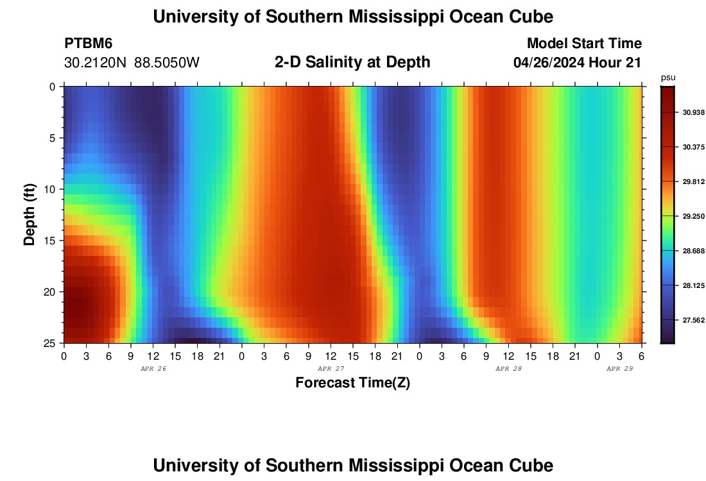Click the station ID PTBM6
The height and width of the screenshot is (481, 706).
tap(89, 44)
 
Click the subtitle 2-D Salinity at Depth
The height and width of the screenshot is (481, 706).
tap(352, 62)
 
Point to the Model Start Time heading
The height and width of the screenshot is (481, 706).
tap(584, 44)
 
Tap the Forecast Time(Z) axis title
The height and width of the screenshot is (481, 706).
tap(352, 383)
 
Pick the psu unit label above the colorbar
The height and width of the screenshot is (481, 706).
tap(668, 78)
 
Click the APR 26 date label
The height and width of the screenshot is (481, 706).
tap(153, 369)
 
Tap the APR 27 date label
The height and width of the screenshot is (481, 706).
tap(331, 369)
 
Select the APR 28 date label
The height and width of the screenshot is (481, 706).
tap(509, 369)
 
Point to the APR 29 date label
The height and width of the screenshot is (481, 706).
tap(620, 369)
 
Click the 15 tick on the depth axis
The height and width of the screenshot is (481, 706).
tap(54, 240)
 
